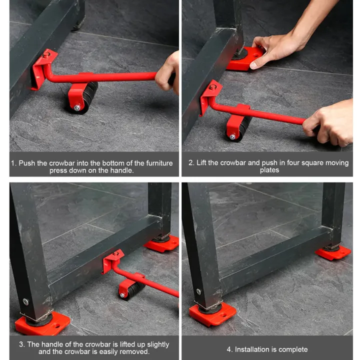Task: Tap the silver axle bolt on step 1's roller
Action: tap(77, 107)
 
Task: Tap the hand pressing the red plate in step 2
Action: tap(273, 50)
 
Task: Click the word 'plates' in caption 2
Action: tap(269, 170)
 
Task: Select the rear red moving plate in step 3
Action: tap(162, 244)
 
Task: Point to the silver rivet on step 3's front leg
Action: tap(25, 301)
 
